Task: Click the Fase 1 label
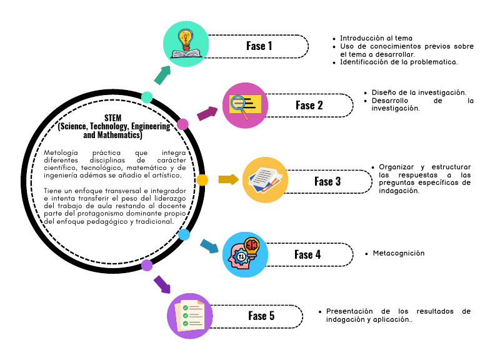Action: tap(259, 46)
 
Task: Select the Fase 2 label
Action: tap(309, 105)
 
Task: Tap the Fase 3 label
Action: tap(327, 181)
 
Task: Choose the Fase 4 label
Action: tap(307, 255)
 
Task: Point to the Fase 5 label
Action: tap(261, 316)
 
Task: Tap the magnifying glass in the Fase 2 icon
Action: tap(240, 107)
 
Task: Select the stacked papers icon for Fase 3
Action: tap(265, 180)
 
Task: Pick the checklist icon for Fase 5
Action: tap(190, 316)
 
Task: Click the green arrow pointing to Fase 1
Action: tap(162, 75)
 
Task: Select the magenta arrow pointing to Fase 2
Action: tap(207, 113)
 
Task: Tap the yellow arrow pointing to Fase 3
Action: tap(228, 179)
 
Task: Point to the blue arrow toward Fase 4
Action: tap(209, 246)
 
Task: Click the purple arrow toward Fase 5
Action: tap(162, 284)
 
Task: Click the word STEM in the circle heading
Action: tap(113, 118)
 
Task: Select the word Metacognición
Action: tap(399, 253)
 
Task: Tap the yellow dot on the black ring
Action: tap(202, 180)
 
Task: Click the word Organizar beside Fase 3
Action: tap(396, 167)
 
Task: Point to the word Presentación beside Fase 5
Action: tap(349, 311)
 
